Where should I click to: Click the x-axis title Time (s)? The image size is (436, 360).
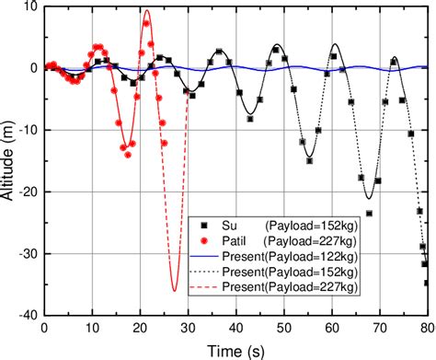235,350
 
